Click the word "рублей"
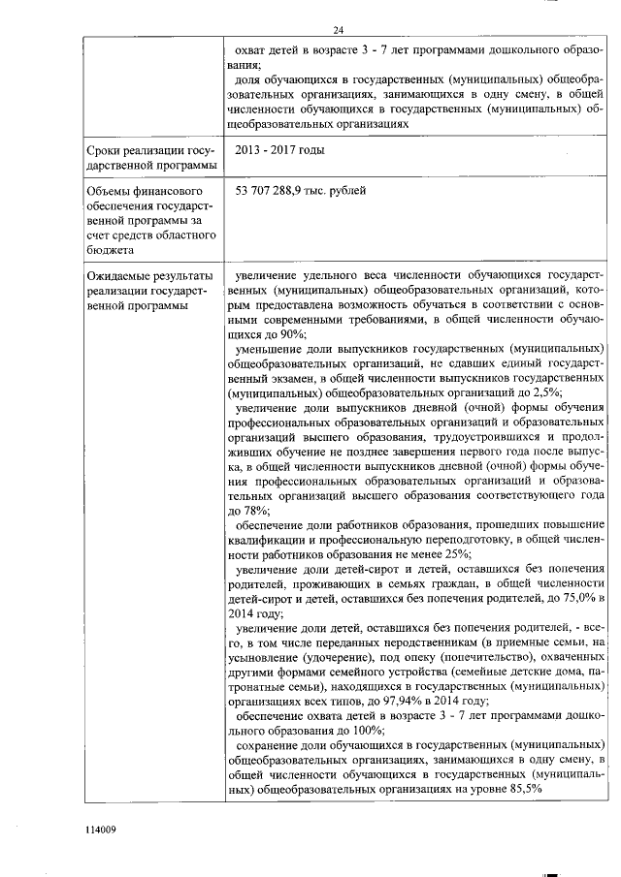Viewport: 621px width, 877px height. click(347, 191)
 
